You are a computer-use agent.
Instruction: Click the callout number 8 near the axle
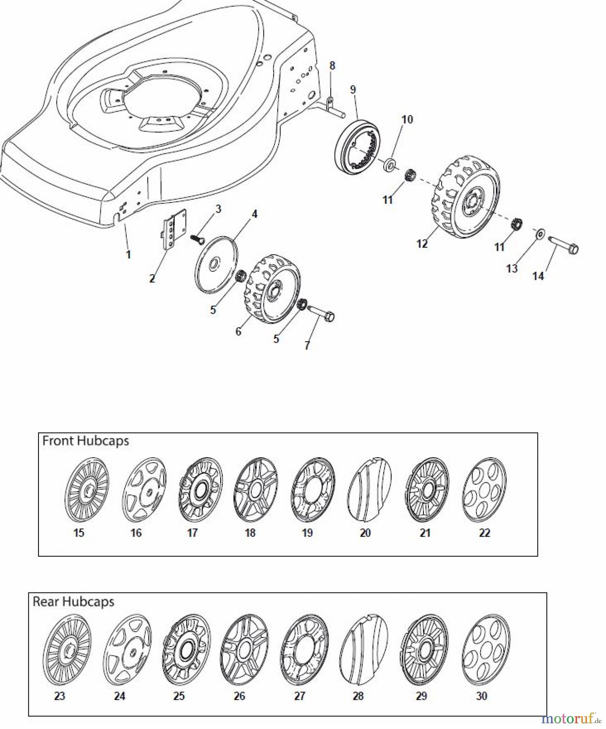coord(332,66)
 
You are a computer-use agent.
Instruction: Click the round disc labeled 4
coord(217,264)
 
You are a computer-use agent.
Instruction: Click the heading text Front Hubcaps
coord(85,441)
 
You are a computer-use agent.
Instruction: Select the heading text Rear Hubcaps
coord(73,601)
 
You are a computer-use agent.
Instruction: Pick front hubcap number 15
coord(87,490)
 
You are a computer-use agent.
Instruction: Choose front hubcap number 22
coord(484,490)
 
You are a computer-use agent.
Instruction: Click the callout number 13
coord(512,269)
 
